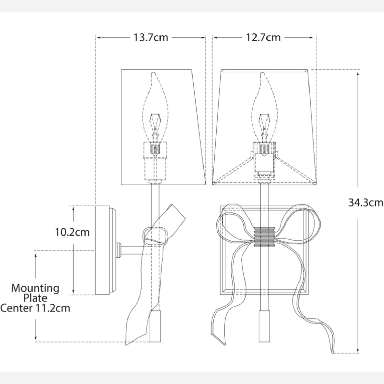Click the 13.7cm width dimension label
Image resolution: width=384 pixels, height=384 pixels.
pos(151,37)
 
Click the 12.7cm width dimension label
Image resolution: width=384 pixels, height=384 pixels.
pos(263,37)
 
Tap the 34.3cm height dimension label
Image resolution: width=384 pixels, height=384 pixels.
pos(366,202)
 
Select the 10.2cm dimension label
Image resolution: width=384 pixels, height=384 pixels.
pos(72,232)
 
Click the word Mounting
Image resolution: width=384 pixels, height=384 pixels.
pos(35,289)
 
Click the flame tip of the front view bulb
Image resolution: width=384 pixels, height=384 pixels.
pos(262,73)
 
